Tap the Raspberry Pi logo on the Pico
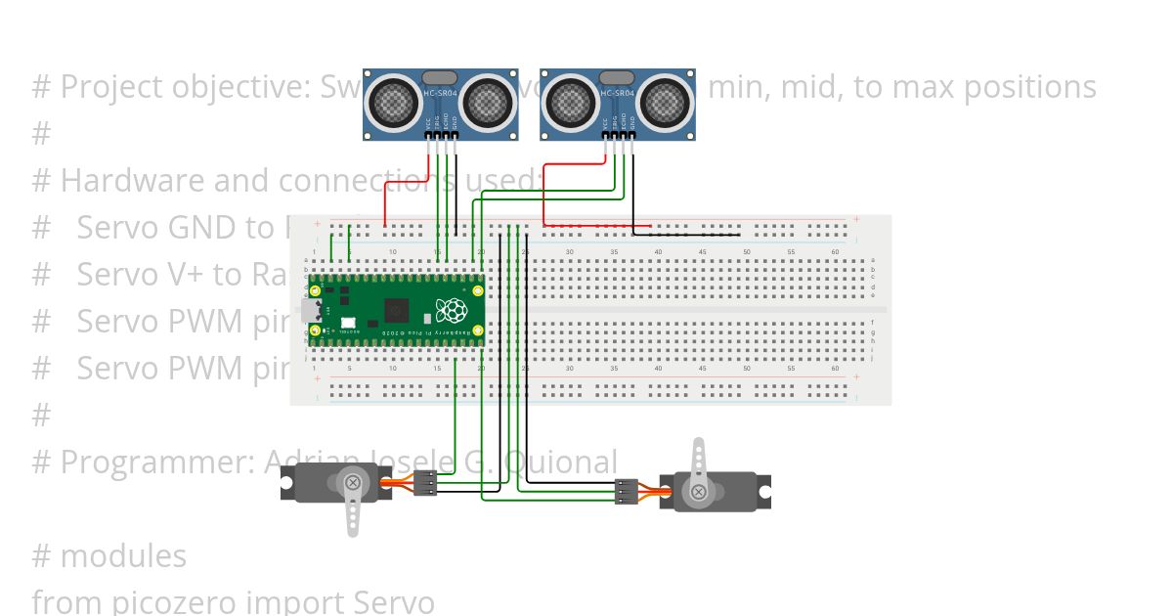[x=451, y=311]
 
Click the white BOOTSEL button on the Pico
[x=348, y=323]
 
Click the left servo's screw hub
[x=352, y=482]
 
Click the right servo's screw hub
[x=698, y=492]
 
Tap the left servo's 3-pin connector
[x=425, y=483]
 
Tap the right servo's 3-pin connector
[x=627, y=492]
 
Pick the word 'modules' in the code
[x=123, y=556]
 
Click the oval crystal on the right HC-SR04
[x=617, y=76]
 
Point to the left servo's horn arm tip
[x=354, y=529]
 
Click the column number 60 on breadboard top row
[x=836, y=252]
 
